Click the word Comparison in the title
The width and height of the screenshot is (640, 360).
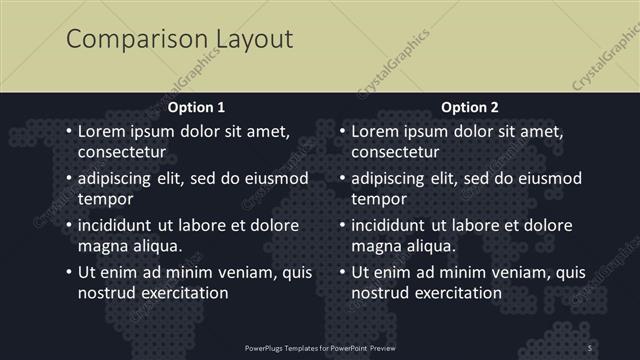(x=136, y=40)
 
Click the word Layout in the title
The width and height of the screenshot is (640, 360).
(x=253, y=40)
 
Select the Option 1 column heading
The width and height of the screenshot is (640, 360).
(x=196, y=107)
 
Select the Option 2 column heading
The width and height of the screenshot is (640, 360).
(x=470, y=107)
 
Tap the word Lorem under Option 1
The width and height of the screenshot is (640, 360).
(x=102, y=132)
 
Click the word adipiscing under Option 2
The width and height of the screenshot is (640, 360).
(x=395, y=179)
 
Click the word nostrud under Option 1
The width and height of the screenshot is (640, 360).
(x=106, y=293)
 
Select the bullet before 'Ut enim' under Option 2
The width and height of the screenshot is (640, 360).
(x=342, y=272)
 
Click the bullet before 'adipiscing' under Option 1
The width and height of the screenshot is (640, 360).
(x=68, y=179)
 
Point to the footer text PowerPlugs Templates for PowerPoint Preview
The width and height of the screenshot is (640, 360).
(x=320, y=347)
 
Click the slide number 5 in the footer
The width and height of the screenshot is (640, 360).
(x=590, y=347)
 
